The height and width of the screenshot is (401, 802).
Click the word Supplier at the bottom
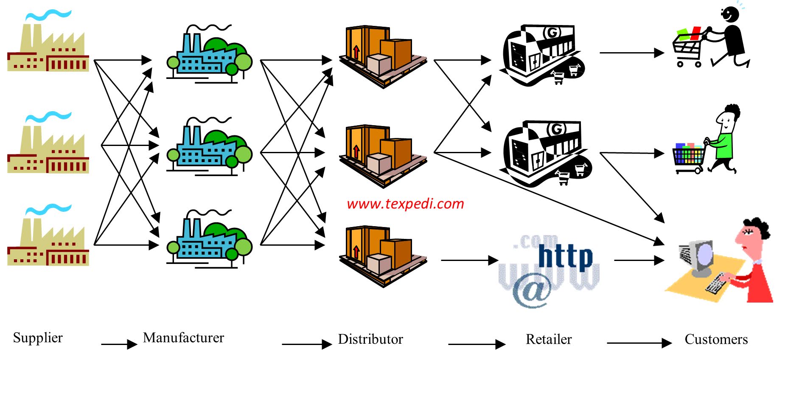click(38, 338)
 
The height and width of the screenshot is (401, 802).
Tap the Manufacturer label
click(183, 338)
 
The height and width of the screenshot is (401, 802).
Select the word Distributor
click(370, 339)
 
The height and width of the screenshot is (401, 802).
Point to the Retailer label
click(548, 339)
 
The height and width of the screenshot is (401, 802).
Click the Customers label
click(716, 339)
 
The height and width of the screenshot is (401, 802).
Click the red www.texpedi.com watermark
click(405, 204)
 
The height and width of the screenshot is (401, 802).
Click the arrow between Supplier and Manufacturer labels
click(119, 344)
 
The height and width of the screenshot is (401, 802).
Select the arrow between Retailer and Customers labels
click(639, 343)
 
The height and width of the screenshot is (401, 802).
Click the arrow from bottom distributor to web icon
click(469, 260)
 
